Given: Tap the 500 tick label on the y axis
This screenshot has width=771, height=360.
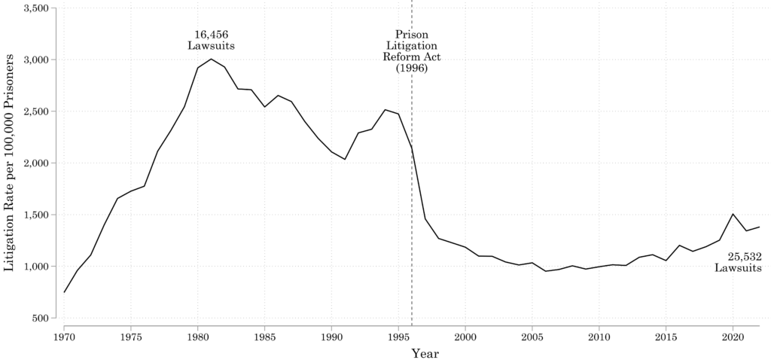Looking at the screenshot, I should point(41,319).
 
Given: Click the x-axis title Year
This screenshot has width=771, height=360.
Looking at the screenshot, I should point(425,352).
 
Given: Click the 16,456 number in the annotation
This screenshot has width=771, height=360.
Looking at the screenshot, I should point(212,34).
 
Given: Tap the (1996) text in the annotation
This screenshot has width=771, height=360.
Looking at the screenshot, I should point(412,68).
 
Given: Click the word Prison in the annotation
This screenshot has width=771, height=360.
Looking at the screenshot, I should point(412,34).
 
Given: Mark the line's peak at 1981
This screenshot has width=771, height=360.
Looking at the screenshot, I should point(212,59).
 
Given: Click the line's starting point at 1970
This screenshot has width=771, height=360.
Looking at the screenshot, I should point(64,292).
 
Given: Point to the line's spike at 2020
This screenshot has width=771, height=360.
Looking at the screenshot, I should point(733,214).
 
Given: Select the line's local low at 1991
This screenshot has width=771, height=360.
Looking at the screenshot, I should point(345,159).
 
